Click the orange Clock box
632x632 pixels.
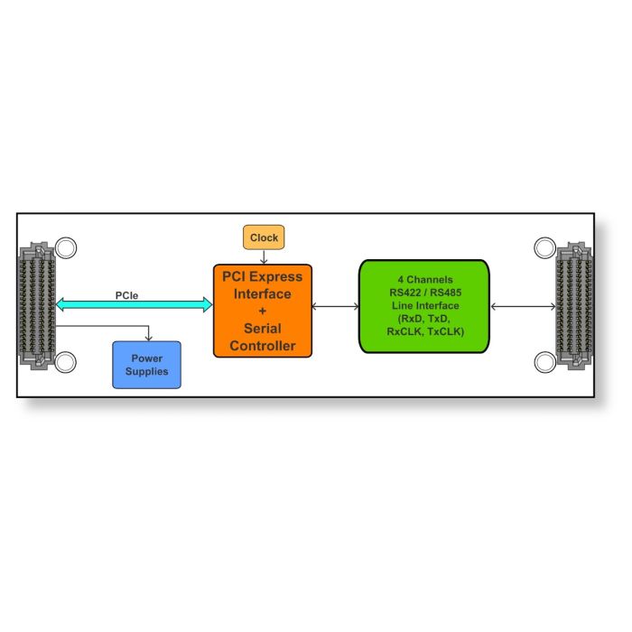pyautogui.click(x=264, y=237)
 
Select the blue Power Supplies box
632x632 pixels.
pyautogui.click(x=146, y=365)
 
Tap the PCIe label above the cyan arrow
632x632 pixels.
pyautogui.click(x=126, y=295)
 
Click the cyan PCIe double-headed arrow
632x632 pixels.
pyautogui.click(x=135, y=305)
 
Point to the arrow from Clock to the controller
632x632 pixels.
pyautogui.click(x=264, y=257)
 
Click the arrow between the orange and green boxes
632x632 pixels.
pyautogui.click(x=335, y=307)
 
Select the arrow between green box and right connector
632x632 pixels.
pyautogui.click(x=523, y=307)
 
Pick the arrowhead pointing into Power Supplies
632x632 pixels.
pyautogui.click(x=149, y=338)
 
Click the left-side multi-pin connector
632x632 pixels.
pyautogui.click(x=36, y=306)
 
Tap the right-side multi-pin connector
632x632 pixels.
pyautogui.click(x=574, y=306)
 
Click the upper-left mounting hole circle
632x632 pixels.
pyautogui.click(x=66, y=247)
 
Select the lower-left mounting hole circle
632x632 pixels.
pyautogui.click(x=65, y=362)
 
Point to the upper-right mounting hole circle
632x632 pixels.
pyautogui.click(x=544, y=248)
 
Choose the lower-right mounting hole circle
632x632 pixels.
pyautogui.click(x=545, y=362)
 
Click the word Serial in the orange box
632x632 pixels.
pyautogui.click(x=263, y=329)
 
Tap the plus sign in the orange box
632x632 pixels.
pyautogui.click(x=263, y=311)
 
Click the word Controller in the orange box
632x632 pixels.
pyautogui.click(x=263, y=346)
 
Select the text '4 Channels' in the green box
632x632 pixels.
pyautogui.click(x=425, y=279)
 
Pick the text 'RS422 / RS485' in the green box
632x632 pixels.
pyautogui.click(x=425, y=293)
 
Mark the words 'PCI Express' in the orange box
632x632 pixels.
pyautogui.click(x=263, y=276)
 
